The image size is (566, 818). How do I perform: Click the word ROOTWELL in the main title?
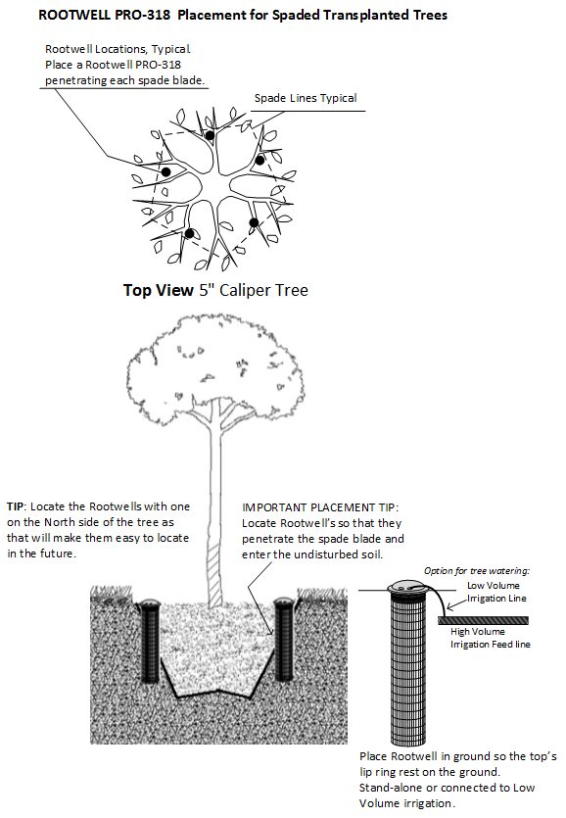[75, 17]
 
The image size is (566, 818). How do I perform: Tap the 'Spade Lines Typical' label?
[305, 98]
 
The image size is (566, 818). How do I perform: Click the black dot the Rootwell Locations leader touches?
[166, 172]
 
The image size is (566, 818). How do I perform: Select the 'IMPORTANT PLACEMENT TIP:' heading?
[321, 507]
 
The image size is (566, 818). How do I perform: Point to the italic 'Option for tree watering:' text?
[475, 570]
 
